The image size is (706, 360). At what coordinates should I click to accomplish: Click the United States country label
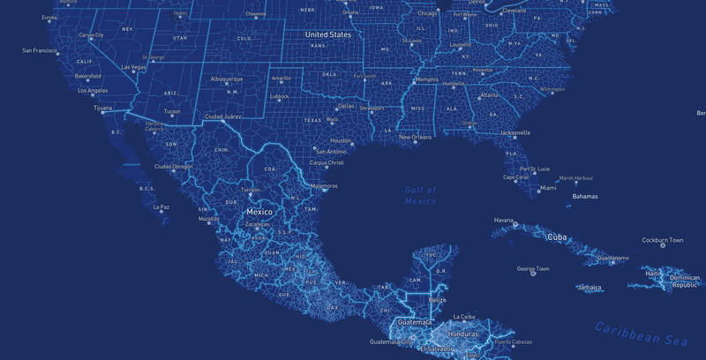pyautogui.click(x=328, y=34)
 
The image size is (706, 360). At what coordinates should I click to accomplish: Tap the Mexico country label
pyautogui.click(x=259, y=212)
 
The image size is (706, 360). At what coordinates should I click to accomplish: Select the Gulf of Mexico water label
pyautogui.click(x=421, y=196)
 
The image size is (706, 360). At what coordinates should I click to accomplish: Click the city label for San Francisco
pyautogui.click(x=40, y=50)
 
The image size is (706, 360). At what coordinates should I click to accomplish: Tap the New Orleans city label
pyautogui.click(x=415, y=137)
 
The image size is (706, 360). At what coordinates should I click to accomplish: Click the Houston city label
pyautogui.click(x=341, y=140)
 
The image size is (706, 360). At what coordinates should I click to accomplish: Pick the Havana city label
pyautogui.click(x=503, y=220)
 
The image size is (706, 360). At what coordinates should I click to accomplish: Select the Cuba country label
pyautogui.click(x=557, y=236)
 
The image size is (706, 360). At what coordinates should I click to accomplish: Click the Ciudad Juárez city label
pyautogui.click(x=222, y=116)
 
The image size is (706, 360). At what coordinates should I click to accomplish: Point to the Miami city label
pyautogui.click(x=548, y=188)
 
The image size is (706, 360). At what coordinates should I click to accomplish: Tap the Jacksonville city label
pyautogui.click(x=515, y=132)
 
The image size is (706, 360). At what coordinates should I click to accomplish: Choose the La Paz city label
pyautogui.click(x=161, y=207)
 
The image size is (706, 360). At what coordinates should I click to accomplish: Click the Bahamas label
pyautogui.click(x=584, y=196)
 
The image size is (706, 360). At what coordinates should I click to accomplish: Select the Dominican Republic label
pyautogui.click(x=685, y=281)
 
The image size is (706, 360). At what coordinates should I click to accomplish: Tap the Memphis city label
pyautogui.click(x=426, y=79)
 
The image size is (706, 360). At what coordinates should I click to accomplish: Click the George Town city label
pyautogui.click(x=533, y=268)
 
